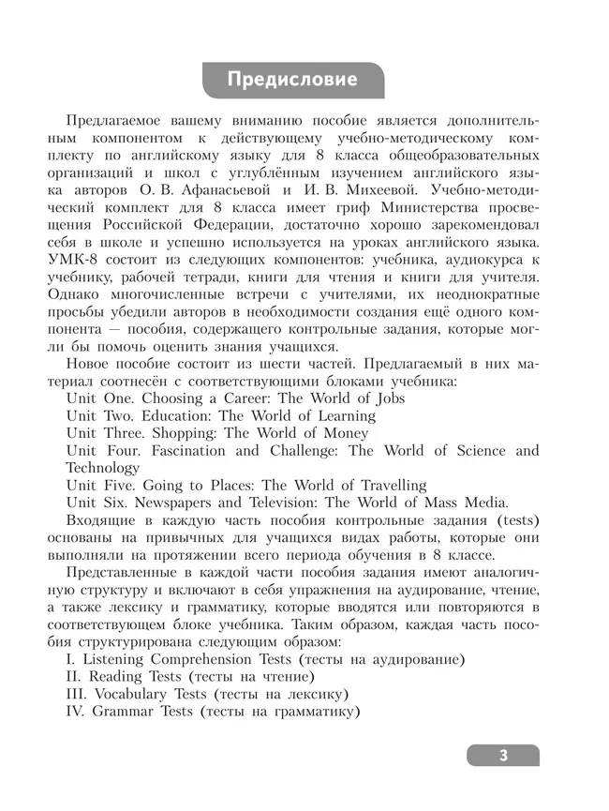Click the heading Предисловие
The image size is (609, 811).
(292, 80)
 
